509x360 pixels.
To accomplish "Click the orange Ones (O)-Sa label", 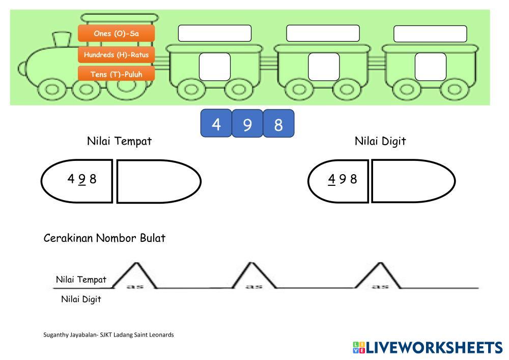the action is [116, 34].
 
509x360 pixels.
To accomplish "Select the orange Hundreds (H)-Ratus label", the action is [116, 54].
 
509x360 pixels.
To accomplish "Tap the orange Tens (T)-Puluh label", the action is [116, 74].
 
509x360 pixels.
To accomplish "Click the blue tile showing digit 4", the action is [216, 124].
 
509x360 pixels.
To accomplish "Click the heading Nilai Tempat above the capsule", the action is [119, 141].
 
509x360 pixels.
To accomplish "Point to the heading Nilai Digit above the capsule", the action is [380, 141].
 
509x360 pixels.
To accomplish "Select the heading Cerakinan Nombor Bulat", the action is [104, 238].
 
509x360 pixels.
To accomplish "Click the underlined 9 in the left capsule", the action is [82, 179].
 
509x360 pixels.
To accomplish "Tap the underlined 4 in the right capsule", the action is [332, 179].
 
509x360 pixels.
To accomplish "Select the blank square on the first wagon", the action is [214, 67].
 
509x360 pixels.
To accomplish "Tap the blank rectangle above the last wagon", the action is [430, 34].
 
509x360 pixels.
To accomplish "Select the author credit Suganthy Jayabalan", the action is [108, 335].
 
